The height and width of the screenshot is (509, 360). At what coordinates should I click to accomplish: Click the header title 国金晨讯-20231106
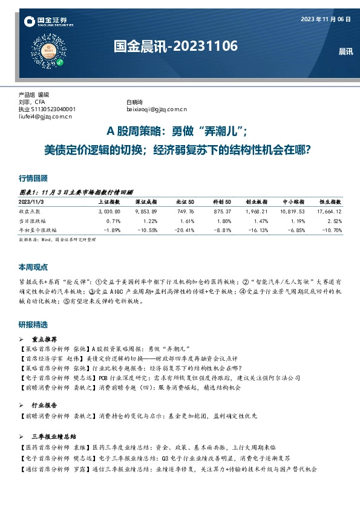[175, 47]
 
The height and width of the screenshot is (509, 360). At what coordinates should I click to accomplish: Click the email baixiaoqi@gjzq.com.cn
[157, 109]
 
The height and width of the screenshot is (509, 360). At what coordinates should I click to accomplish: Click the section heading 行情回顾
[33, 178]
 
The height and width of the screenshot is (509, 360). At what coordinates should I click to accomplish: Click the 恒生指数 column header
[329, 201]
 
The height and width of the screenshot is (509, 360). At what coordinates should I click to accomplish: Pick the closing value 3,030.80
[109, 211]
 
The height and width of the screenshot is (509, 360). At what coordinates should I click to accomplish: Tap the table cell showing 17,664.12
[327, 211]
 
